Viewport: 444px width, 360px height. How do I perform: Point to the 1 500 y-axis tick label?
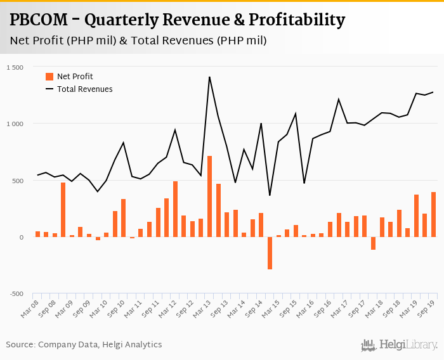click(x=13, y=67)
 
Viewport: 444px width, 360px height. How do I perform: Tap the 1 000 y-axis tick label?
click(x=13, y=124)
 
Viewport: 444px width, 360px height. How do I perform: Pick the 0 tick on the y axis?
click(x=20, y=238)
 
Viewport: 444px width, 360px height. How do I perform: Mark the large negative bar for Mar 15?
click(x=270, y=253)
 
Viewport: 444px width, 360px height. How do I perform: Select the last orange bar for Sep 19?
click(x=433, y=215)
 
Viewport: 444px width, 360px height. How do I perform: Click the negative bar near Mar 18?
click(x=373, y=243)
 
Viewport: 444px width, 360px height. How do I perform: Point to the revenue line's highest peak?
click(x=209, y=77)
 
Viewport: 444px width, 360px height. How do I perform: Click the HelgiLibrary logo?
click(x=399, y=345)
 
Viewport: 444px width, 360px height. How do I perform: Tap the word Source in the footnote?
click(x=20, y=345)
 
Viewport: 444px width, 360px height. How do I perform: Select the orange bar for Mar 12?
click(x=175, y=209)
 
